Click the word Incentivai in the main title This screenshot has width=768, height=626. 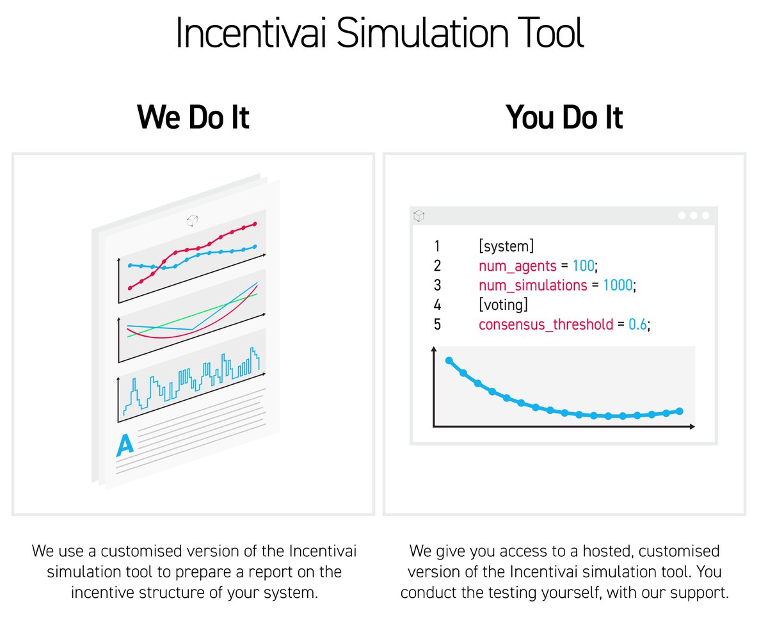253,34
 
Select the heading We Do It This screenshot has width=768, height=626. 193,117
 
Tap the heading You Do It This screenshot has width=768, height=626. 564,117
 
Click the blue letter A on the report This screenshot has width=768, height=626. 125,445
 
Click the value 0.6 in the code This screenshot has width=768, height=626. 637,325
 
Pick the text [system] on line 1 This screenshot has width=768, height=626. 506,246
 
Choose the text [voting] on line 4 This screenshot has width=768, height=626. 503,305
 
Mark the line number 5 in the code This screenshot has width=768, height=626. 437,325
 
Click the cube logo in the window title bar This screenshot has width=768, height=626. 419,216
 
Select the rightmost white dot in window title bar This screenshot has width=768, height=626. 705,216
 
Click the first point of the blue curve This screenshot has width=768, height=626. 449,361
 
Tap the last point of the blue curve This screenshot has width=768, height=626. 680,411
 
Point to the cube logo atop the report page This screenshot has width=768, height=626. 191,220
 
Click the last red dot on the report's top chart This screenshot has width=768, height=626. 255,224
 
